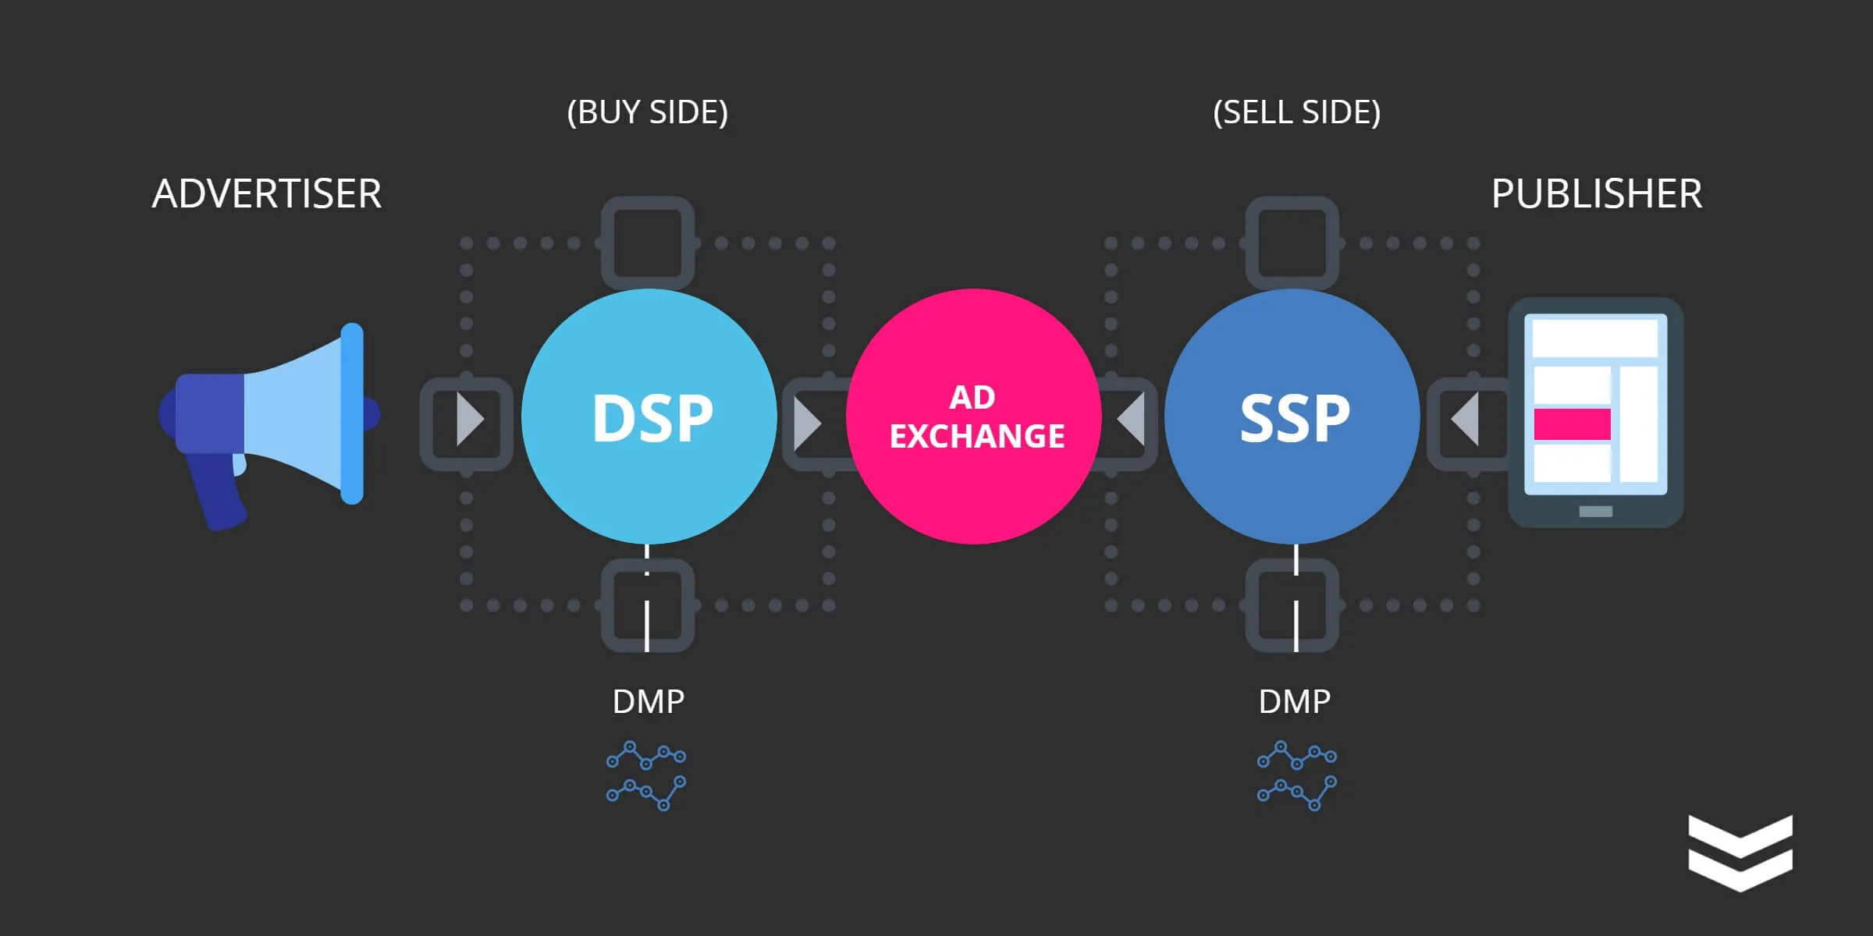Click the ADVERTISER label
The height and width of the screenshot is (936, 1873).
(267, 193)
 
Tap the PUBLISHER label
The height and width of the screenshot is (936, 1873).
(1597, 193)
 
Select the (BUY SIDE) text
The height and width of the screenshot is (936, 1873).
(648, 112)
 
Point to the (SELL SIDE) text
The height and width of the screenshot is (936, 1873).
(1297, 112)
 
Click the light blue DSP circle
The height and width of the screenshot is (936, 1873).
(649, 417)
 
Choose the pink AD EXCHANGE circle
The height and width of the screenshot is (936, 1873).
(974, 417)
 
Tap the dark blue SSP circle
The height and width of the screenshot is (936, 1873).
(1292, 417)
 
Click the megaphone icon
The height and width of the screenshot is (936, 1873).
(269, 426)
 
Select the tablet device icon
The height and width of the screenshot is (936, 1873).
(1595, 413)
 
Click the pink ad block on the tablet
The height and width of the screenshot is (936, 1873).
(1573, 424)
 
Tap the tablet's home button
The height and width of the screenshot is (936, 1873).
(1595, 512)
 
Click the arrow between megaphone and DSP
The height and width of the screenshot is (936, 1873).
(470, 420)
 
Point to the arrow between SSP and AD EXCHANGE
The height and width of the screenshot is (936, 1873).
(1131, 420)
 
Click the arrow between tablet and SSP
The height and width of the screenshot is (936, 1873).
(1465, 420)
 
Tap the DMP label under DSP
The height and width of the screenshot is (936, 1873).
(649, 702)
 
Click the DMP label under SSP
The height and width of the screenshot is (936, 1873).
(1295, 702)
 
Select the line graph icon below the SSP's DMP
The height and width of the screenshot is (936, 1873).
(1297, 776)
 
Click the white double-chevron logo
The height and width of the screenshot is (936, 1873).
(1740, 853)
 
